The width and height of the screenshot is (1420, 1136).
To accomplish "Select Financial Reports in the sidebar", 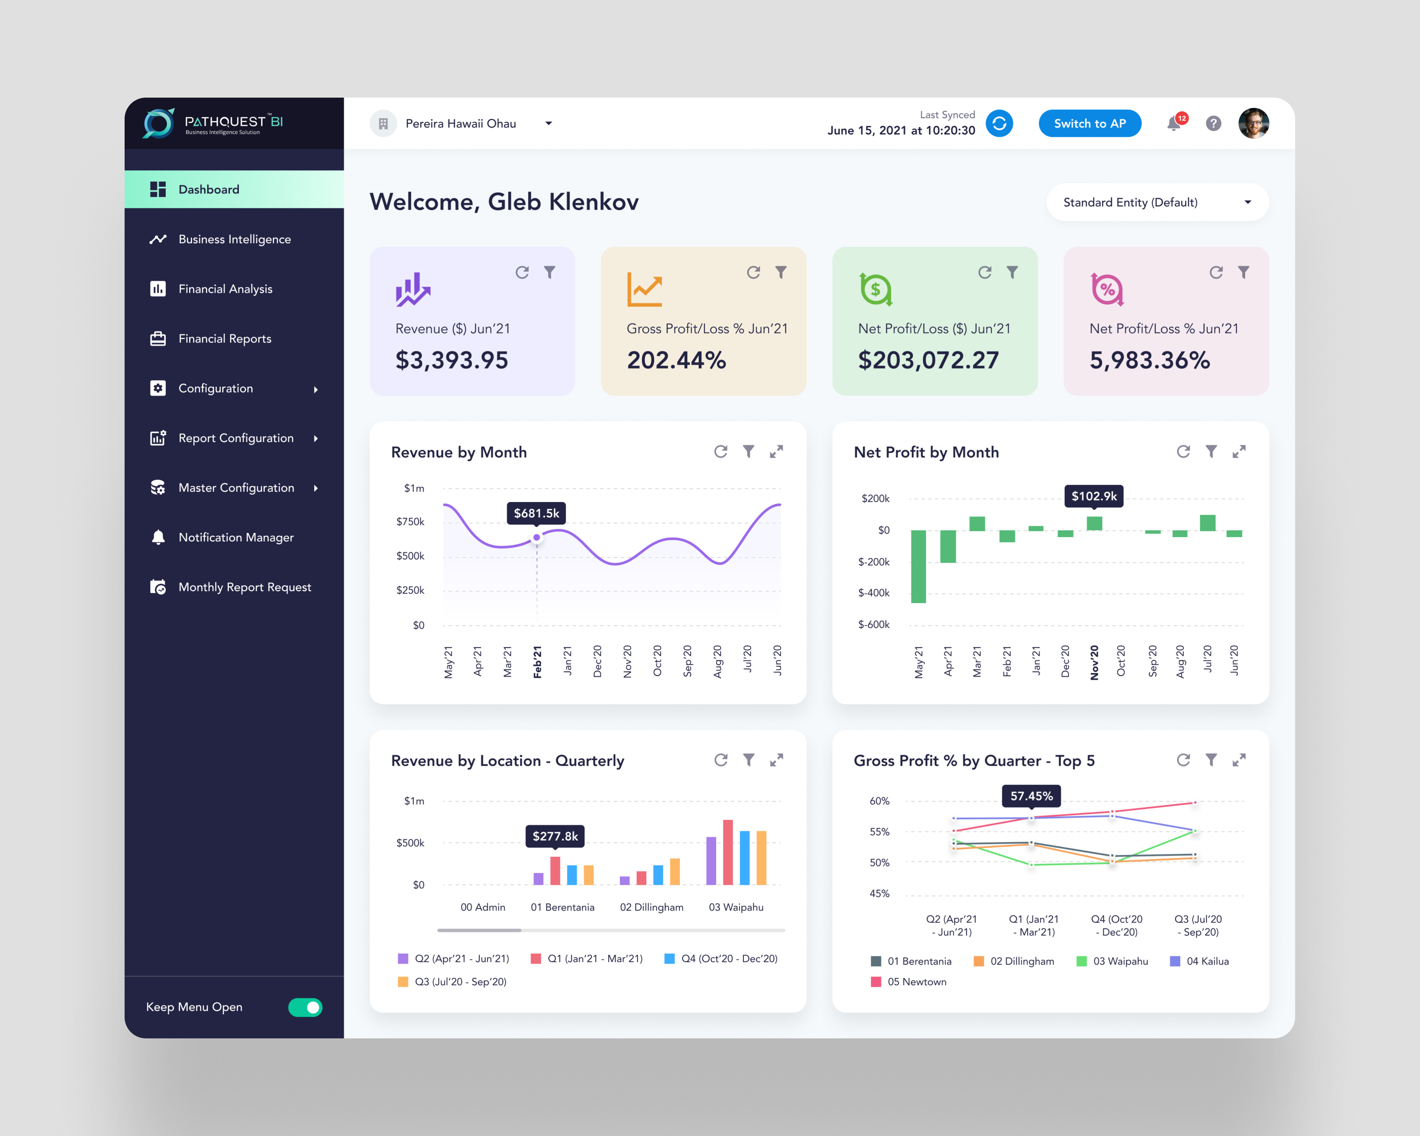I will [x=225, y=339].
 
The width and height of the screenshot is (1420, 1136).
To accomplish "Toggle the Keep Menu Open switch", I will [x=305, y=1007].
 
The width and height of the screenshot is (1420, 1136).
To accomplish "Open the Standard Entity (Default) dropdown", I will [x=1157, y=202].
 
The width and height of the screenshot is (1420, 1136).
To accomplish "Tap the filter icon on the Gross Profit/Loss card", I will [x=781, y=272].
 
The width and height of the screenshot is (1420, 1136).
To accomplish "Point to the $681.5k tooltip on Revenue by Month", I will [x=536, y=513].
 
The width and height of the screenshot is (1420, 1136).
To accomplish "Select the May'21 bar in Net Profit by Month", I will [x=918, y=566].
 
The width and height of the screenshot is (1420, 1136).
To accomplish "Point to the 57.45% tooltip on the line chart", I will [x=1031, y=796].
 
